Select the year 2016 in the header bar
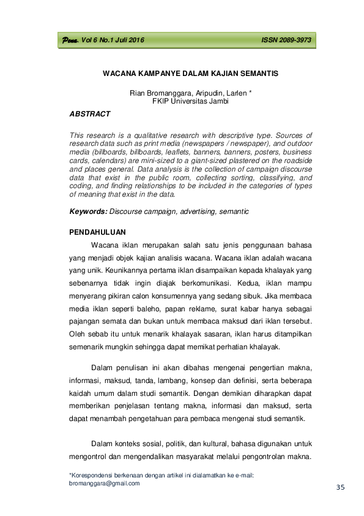tap(134, 40)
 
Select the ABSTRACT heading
tap(90, 114)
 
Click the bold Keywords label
tap(88, 211)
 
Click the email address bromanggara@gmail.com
tap(105, 483)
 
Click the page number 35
tap(341, 487)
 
